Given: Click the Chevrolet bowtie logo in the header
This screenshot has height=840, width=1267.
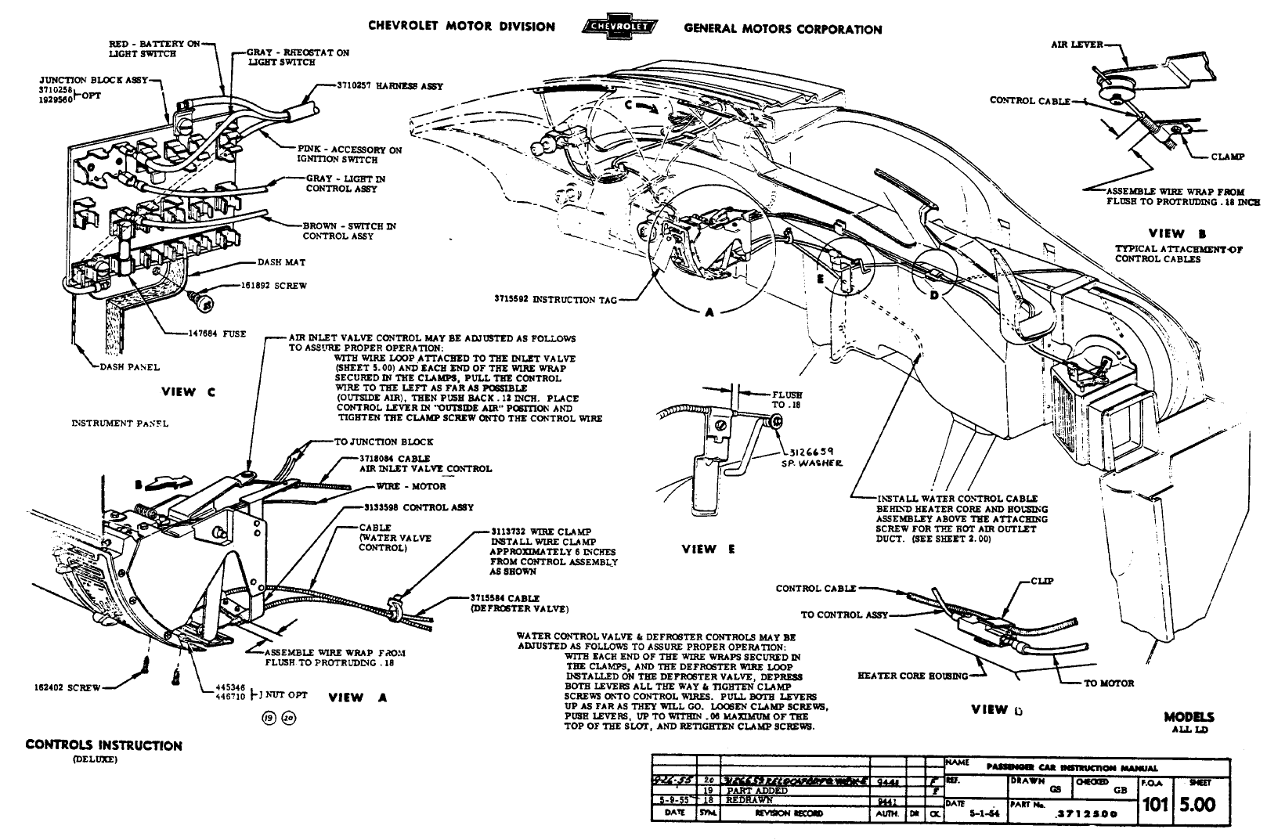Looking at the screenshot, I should [619, 28].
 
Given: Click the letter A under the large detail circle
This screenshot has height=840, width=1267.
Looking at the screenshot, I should [709, 312].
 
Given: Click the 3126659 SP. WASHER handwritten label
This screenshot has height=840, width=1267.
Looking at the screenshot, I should [813, 456].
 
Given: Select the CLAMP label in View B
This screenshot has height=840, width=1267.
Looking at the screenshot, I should [1227, 157].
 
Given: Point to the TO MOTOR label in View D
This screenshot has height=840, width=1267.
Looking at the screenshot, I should [1108, 683].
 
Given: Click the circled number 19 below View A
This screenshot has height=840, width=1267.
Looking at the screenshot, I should [269, 720].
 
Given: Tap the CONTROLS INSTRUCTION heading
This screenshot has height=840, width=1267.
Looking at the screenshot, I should [103, 745].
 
